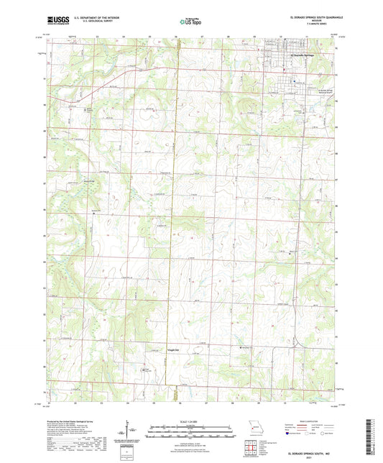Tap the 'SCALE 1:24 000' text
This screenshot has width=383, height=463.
point(190,421)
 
